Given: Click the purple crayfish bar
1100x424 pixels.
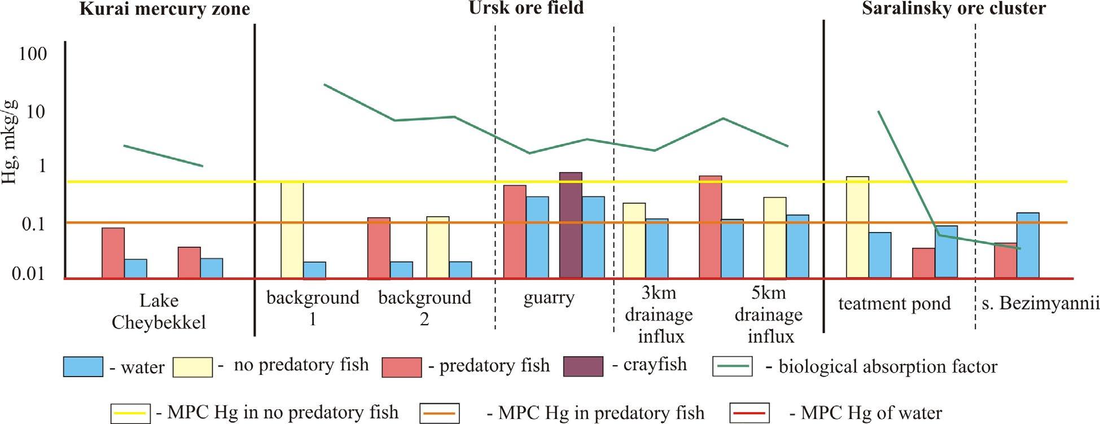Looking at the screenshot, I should pyautogui.click(x=571, y=225).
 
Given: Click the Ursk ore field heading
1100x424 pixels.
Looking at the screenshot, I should pyautogui.click(x=526, y=8).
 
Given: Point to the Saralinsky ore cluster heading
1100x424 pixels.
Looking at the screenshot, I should pyautogui.click(x=953, y=8).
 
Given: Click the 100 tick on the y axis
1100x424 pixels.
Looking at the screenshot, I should pyautogui.click(x=33, y=55).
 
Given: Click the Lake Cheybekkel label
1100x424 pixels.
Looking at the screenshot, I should pyautogui.click(x=159, y=311).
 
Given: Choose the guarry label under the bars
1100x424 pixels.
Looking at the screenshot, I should pyautogui.click(x=549, y=298).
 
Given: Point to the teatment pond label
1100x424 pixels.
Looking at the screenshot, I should pyautogui.click(x=894, y=304).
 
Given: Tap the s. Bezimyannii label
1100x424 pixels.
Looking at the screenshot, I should pyautogui.click(x=1040, y=304).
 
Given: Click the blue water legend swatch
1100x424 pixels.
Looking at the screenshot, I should pyautogui.click(x=83, y=367).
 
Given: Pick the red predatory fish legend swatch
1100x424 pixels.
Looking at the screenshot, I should pyautogui.click(x=401, y=367).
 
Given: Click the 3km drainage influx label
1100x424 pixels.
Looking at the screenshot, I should pyautogui.click(x=659, y=315).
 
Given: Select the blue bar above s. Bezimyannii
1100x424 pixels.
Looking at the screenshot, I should pyautogui.click(x=1028, y=246).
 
